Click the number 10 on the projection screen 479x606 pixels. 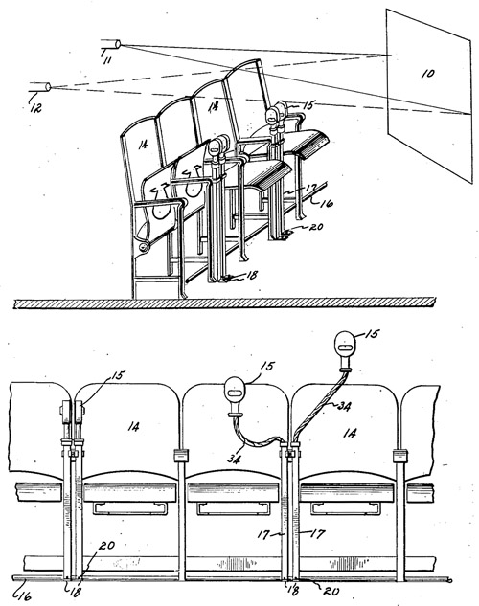[428, 74]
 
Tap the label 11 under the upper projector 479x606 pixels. [107, 60]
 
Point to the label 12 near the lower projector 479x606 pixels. [35, 108]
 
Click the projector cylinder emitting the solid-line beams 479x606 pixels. [111, 44]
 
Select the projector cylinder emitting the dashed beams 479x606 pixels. [40, 87]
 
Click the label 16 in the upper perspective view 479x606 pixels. [327, 203]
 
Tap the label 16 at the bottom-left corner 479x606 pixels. [24, 596]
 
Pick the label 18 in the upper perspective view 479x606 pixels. [252, 275]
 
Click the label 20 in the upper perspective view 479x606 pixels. [316, 227]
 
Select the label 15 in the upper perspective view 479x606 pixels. [308, 104]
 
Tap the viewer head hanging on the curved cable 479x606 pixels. [236, 392]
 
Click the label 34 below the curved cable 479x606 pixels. [235, 459]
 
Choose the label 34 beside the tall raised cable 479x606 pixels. [344, 406]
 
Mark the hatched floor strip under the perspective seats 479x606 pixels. [224, 303]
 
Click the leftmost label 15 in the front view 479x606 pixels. [119, 375]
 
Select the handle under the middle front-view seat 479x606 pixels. [232, 508]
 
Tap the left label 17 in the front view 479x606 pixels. [263, 535]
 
